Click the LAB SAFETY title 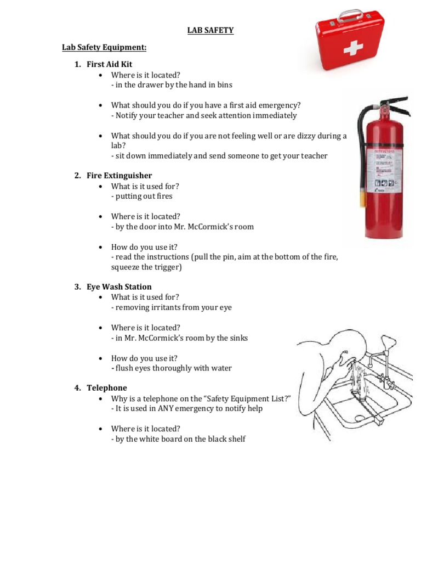pos(210,31)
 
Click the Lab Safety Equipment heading pos(104,48)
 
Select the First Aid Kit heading pos(109,64)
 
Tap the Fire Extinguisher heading pos(119,176)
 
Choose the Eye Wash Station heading pos(119,286)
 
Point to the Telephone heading pos(106,387)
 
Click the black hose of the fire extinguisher pos(361,137)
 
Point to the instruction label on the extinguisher pos(388,167)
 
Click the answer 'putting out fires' pos(141,196)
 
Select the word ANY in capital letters pos(167,408)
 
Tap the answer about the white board pos(178,439)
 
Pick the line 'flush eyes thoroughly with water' pos(172,368)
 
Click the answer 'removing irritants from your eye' pos(172,307)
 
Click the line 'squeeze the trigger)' pos(146,267)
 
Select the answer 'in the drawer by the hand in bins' pos(172,85)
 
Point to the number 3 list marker pos(77,286)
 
